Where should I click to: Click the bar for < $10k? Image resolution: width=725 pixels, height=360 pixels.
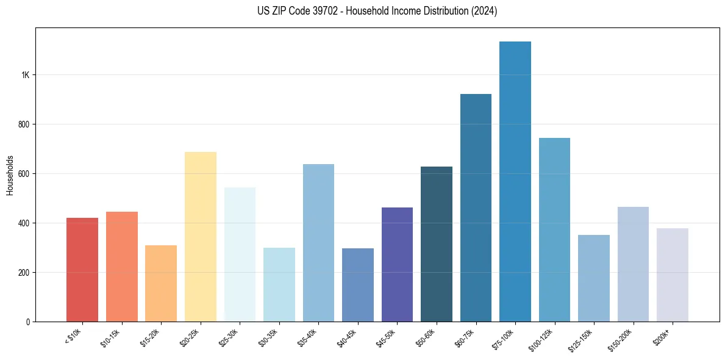tap(82, 270)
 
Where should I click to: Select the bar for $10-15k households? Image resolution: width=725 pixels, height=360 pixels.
tap(121, 267)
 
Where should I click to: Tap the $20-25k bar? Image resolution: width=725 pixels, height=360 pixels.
tap(200, 237)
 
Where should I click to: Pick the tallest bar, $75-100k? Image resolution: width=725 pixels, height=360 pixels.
tap(515, 182)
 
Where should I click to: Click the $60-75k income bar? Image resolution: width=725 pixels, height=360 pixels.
tap(476, 207)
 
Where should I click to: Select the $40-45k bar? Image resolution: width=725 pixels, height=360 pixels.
tap(357, 285)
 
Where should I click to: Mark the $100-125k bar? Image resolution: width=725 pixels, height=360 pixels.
tap(554, 230)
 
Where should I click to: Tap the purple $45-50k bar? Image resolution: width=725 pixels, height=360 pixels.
tap(397, 264)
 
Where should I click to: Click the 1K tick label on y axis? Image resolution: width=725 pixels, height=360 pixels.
tap(25, 75)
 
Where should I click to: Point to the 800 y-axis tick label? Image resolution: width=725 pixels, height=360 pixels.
tap(23, 124)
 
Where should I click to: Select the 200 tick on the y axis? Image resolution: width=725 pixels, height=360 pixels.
tap(23, 272)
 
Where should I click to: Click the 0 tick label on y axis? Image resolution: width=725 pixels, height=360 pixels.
tap(28, 322)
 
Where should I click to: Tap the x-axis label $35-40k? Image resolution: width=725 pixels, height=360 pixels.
tap(309, 336)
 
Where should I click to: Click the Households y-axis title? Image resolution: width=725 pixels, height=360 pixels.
tap(10, 175)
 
